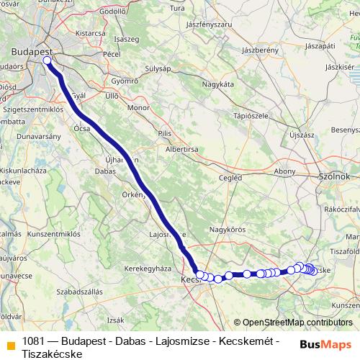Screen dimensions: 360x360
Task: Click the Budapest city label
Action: (x=31, y=52)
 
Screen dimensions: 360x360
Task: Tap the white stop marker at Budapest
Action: (x=48, y=61)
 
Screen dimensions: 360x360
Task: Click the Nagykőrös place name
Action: (x=227, y=229)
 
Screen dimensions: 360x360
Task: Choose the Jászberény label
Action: (x=260, y=50)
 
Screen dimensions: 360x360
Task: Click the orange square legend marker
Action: (x=9, y=341)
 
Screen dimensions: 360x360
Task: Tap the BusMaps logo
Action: (x=326, y=345)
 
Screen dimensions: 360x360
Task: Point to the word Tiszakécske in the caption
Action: (x=53, y=354)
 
